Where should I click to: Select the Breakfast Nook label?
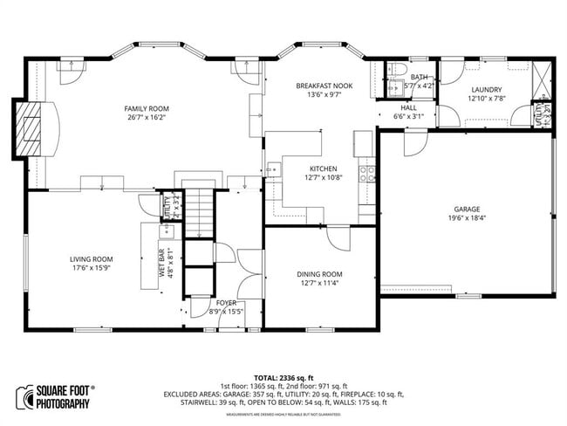[323, 86]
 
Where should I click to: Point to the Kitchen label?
[323, 168]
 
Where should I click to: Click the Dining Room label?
[319, 274]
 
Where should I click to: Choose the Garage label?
[467, 210]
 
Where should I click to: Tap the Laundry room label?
[487, 90]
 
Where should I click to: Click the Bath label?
[420, 78]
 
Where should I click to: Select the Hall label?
[408, 107]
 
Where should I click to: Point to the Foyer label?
[226, 303]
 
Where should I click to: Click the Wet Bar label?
[161, 264]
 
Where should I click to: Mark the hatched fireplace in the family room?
[31, 133]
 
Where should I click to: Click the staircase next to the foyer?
[202, 214]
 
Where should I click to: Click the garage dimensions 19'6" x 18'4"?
[467, 218]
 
